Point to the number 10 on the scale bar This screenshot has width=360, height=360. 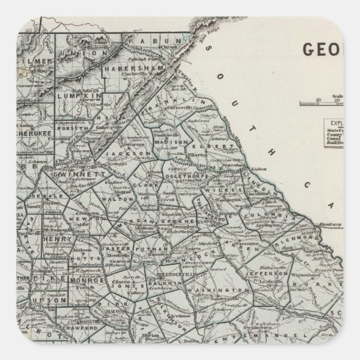pos(318,102)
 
